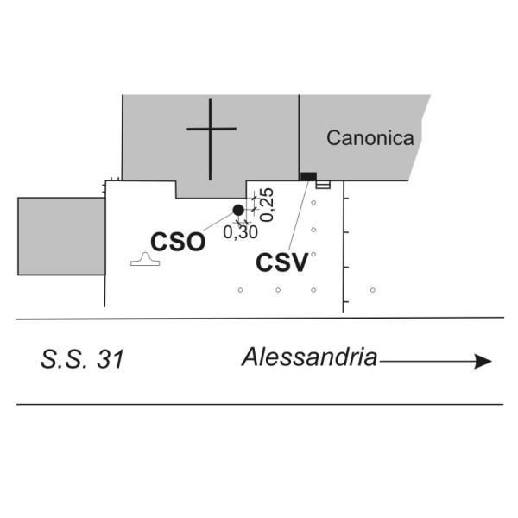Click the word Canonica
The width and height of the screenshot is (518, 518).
coord(370,138)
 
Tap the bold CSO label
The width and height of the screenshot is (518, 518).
coord(178,242)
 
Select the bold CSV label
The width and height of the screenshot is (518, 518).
coord(282,262)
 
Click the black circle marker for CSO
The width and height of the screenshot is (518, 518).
coord(238,210)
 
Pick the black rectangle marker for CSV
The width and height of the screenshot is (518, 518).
coord(308,176)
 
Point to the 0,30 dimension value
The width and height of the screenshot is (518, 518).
coord(240,232)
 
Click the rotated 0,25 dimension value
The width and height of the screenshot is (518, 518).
coord(267,205)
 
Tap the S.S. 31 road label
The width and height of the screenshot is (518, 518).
coord(82,359)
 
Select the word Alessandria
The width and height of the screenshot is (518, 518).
coord(310,357)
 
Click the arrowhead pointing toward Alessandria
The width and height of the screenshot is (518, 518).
coord(483,361)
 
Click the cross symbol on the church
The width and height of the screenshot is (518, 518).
coord(212,139)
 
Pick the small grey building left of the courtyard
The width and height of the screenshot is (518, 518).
coord(61,237)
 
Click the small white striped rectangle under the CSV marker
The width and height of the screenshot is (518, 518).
coord(323,185)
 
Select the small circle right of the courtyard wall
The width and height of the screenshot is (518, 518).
coord(373,290)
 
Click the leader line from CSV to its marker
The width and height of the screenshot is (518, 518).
coord(299,215)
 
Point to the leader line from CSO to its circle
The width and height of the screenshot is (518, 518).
coord(218,222)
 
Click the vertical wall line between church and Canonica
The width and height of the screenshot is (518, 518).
coord(300,137)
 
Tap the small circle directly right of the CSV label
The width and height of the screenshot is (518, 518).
coord(313,255)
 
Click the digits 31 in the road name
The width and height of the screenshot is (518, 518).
coord(111,359)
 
